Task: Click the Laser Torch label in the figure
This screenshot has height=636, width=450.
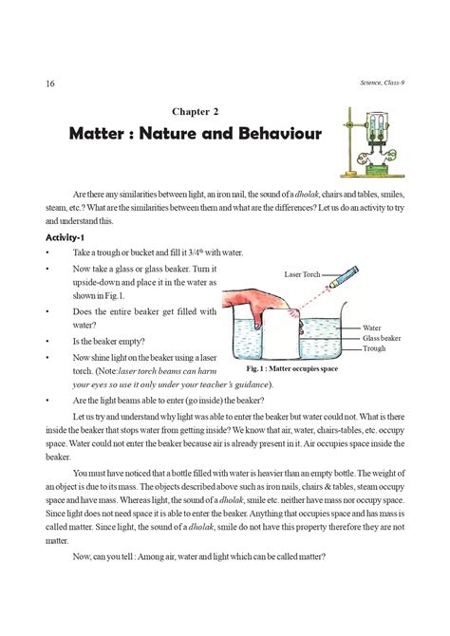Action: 303,272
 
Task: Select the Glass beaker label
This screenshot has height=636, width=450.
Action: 384,337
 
